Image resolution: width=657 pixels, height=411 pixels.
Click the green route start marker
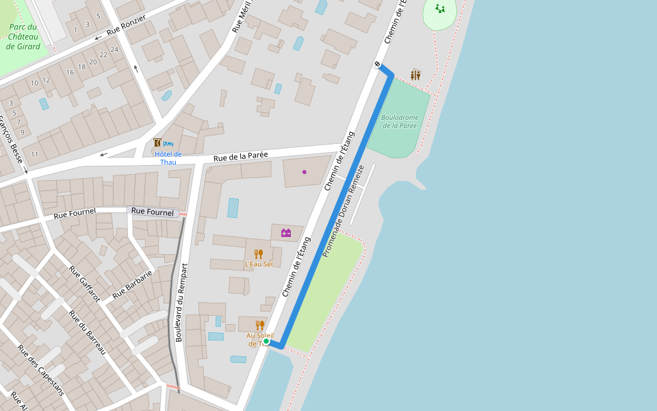tap(266, 341)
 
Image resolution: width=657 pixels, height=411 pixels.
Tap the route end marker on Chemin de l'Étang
tap(377, 64)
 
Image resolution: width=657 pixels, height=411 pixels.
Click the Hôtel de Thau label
tap(168, 158)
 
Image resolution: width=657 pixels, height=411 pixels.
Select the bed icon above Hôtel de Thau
tap(169, 143)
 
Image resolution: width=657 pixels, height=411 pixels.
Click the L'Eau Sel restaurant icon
tap(258, 253)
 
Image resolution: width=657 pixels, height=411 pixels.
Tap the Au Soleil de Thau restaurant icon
tap(259, 325)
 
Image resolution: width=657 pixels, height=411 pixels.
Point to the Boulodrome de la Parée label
tap(400, 121)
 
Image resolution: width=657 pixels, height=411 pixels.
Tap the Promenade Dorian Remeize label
tap(343, 210)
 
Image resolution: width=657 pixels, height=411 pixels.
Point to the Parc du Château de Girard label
tap(23, 37)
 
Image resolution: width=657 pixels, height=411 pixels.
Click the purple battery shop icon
tap(286, 233)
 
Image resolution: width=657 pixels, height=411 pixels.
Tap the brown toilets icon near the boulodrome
tap(415, 75)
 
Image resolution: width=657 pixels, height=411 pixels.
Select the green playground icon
tap(440, 9)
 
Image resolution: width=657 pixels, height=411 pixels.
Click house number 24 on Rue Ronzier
tap(114, 49)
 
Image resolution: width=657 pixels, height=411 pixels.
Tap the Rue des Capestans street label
tap(40, 370)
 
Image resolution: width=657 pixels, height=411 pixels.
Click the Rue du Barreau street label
tap(86, 332)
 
